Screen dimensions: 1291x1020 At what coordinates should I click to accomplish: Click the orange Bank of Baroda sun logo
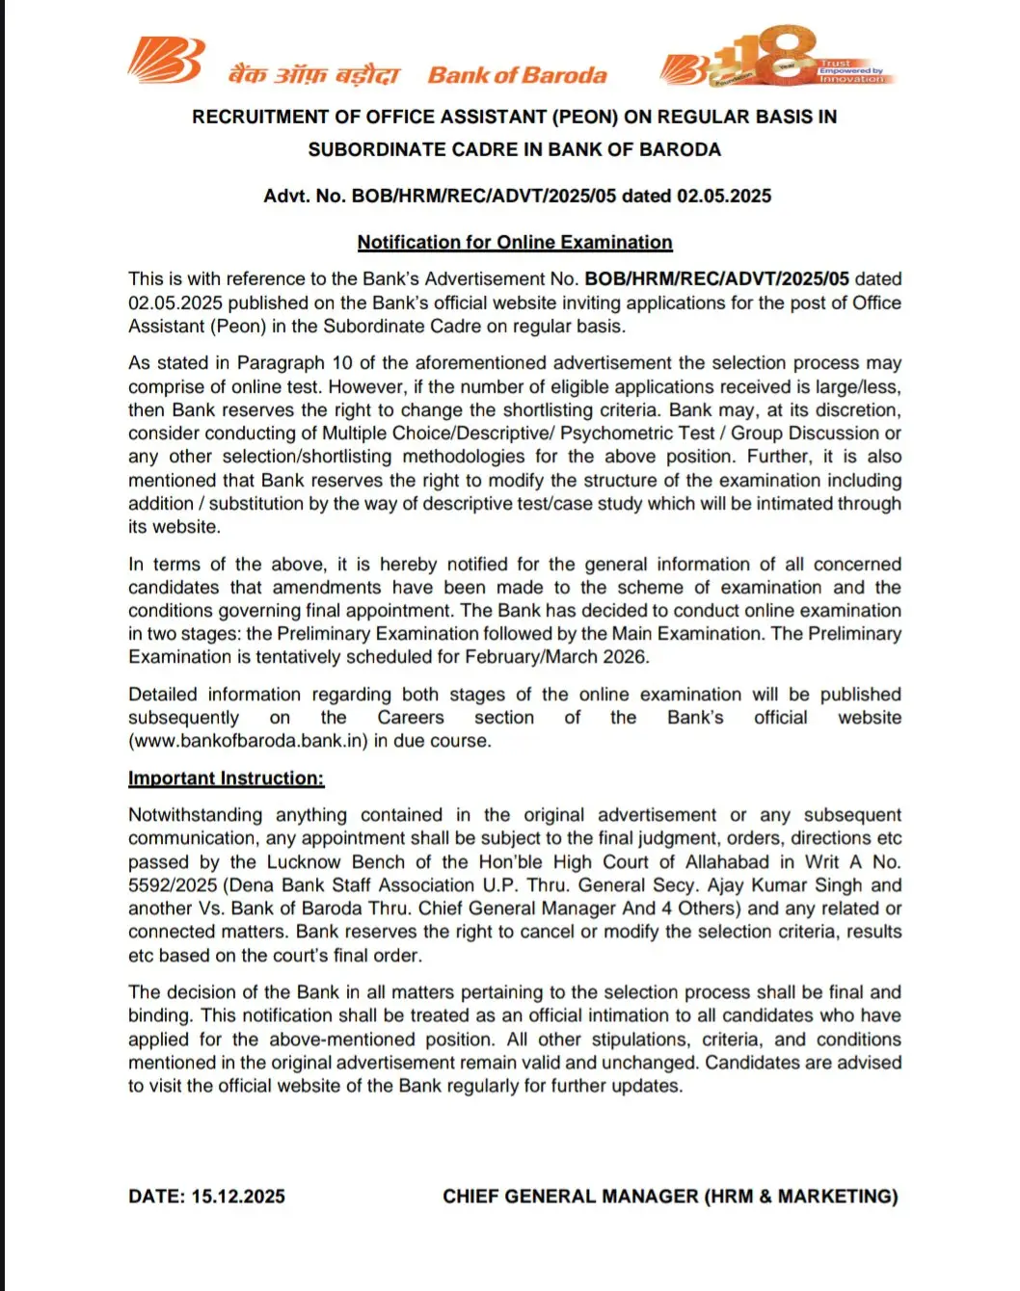(166, 61)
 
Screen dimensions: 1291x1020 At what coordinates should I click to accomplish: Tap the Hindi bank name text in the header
(313, 75)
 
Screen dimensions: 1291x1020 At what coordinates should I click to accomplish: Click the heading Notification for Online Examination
(515, 243)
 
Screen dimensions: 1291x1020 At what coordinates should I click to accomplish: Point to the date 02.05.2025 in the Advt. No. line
(723, 196)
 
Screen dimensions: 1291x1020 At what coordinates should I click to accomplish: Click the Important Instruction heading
(226, 778)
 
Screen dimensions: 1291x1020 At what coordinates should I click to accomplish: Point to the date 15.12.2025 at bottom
(238, 1197)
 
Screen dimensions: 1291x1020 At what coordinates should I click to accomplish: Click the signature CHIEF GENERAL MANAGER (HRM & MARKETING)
(670, 1197)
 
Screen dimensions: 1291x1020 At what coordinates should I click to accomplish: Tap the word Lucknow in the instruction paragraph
(304, 862)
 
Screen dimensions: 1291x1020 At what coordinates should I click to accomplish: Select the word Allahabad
(727, 862)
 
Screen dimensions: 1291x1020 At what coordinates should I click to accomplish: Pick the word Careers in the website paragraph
(411, 718)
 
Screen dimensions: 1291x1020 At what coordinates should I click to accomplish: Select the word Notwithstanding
(195, 815)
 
